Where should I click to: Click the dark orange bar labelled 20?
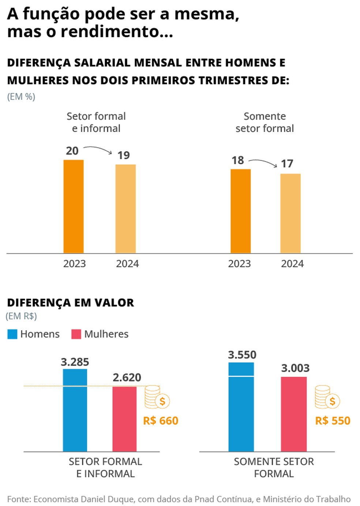pyautogui.click(x=74, y=207)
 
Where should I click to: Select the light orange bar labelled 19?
pyautogui.click(x=125, y=209)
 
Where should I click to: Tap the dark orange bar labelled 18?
pyautogui.click(x=240, y=211)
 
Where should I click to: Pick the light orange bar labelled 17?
pyautogui.click(x=290, y=213)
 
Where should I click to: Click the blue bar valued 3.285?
pyautogui.click(x=75, y=410)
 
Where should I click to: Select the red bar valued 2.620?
pyautogui.click(x=124, y=419)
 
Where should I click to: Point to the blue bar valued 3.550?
pyautogui.click(x=241, y=407)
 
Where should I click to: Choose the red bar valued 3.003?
pyautogui.click(x=294, y=414)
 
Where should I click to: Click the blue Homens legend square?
pyautogui.click(x=12, y=334)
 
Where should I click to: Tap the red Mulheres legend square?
pyautogui.click(x=76, y=334)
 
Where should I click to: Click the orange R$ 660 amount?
pyautogui.click(x=161, y=421)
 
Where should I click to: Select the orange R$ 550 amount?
pyautogui.click(x=333, y=421)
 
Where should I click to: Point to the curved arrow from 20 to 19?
pyautogui.click(x=98, y=149)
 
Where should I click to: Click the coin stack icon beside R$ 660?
pyautogui.click(x=157, y=397)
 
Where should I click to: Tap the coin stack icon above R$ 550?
pyautogui.click(x=327, y=397)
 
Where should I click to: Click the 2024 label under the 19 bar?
pyautogui.click(x=127, y=264)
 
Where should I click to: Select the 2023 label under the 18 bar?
pyautogui.click(x=239, y=264)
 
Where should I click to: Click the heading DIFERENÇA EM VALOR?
pyautogui.click(x=71, y=303)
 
